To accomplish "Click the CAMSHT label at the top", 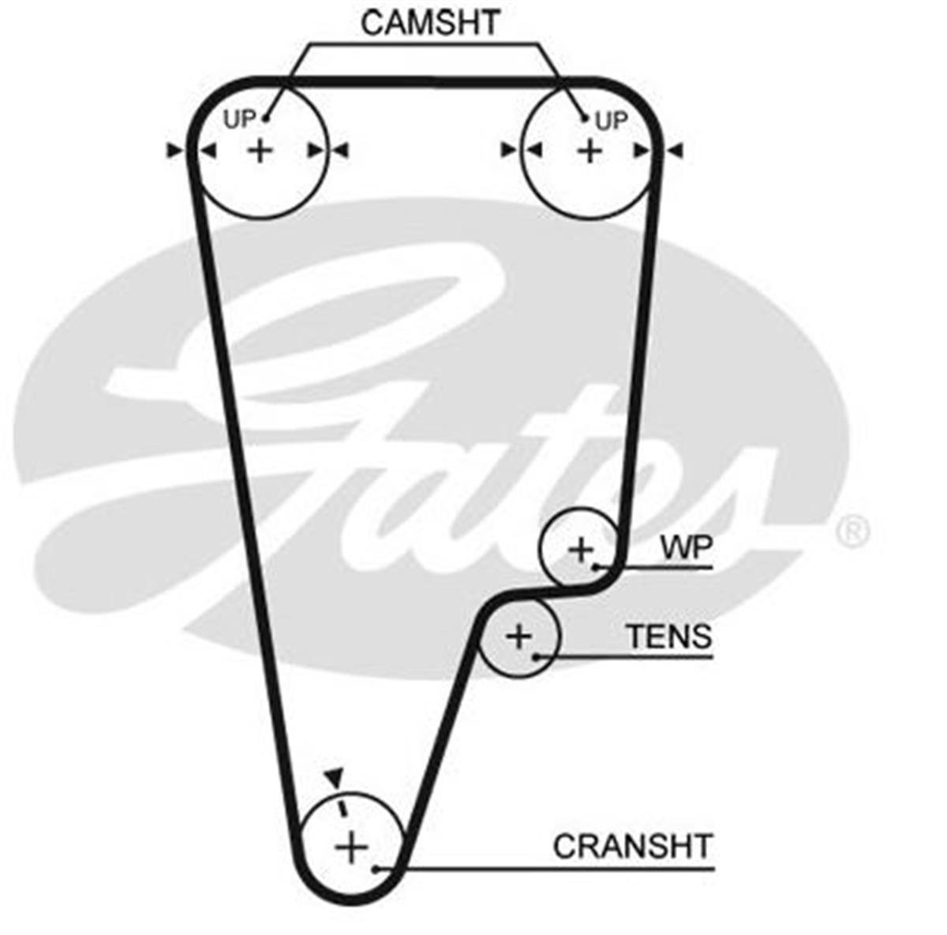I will (x=430, y=22).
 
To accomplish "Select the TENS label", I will (x=668, y=635).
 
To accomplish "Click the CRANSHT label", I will (x=632, y=847).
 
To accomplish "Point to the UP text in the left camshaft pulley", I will (x=239, y=120).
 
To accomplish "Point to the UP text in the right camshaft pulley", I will (x=611, y=121).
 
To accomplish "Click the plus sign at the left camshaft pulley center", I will (x=260, y=149).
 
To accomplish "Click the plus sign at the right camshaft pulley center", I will (x=589, y=149).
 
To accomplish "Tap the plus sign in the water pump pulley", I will (x=581, y=549).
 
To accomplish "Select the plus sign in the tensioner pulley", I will (x=519, y=635).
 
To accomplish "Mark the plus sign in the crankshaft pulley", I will (x=351, y=847).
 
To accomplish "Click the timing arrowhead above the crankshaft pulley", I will (x=335, y=776).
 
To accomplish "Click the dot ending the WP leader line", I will (x=599, y=567).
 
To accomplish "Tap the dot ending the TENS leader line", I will (x=536, y=656).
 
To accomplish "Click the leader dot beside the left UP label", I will (x=266, y=118).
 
